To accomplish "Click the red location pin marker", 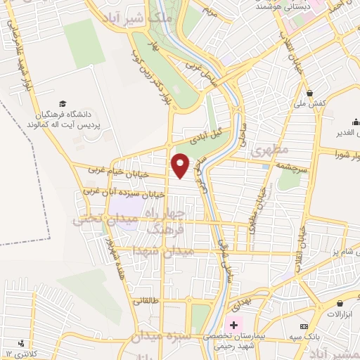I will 181,165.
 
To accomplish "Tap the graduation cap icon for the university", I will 63,104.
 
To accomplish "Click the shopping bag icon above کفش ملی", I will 309,93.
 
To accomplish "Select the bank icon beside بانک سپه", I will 303,326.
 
